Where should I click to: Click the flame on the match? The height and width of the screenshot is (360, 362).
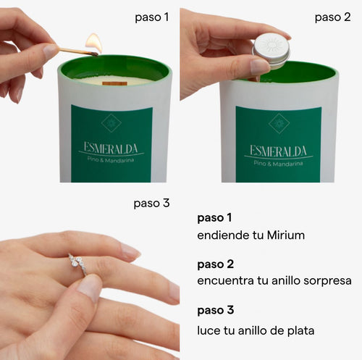tap(94, 43)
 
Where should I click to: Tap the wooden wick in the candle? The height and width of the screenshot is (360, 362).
tap(114, 84)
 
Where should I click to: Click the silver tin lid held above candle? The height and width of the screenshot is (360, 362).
tap(271, 51)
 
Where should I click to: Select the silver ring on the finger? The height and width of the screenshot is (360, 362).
tap(78, 264)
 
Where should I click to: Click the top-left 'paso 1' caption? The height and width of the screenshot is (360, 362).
tap(152, 17)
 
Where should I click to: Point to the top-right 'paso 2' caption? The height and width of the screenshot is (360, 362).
tap(332, 17)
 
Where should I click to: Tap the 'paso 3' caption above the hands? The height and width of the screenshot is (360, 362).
tap(151, 204)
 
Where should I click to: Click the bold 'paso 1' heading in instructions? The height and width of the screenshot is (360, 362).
tap(214, 218)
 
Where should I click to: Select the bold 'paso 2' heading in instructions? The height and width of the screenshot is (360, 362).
tap(216, 264)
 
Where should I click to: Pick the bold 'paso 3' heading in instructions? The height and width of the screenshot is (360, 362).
tap(216, 310)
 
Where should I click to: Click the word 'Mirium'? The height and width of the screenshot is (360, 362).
tap(286, 235)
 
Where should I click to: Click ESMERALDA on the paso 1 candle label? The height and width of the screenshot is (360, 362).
tap(111, 148)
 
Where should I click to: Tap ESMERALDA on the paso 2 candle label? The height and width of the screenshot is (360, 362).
tap(278, 151)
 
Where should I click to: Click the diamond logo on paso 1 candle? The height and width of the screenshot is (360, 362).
tap(111, 123)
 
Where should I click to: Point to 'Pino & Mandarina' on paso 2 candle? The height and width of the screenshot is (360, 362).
tap(278, 164)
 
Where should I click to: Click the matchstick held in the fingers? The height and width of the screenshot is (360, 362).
tap(77, 51)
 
